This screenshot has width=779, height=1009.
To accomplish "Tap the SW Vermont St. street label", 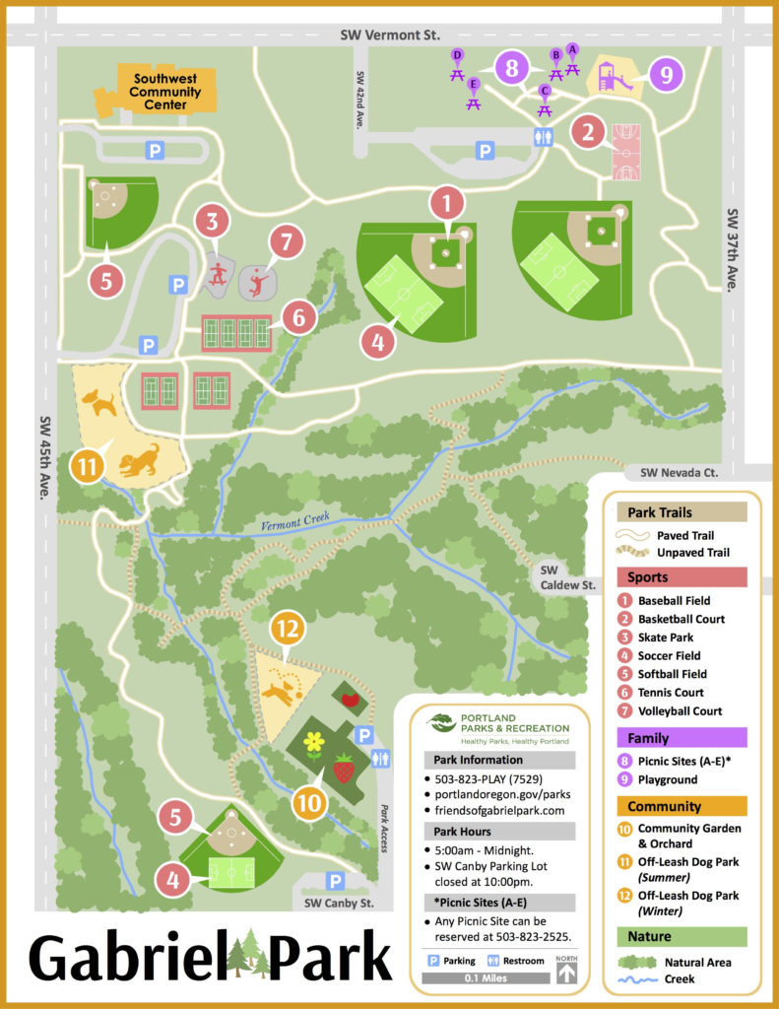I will [389, 34].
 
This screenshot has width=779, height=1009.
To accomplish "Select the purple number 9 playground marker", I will [666, 74].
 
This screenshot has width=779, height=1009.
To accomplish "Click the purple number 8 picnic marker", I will [510, 68].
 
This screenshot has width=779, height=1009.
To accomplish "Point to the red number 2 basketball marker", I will [588, 131].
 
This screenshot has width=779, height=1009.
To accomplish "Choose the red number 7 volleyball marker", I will [285, 241].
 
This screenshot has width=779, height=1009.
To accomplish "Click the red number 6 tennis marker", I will [298, 316].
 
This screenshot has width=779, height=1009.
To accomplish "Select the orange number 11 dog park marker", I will [87, 464].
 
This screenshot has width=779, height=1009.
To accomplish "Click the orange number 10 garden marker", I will [309, 803].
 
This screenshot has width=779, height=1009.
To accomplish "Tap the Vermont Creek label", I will [294, 524].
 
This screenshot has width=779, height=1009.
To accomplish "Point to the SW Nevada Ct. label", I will [679, 473].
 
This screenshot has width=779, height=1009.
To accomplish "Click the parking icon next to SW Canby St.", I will [335, 880].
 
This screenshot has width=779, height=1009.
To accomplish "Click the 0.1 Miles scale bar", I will [486, 978].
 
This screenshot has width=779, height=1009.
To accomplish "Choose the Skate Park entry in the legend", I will [666, 638].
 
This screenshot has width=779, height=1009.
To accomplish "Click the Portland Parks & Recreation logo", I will [499, 725].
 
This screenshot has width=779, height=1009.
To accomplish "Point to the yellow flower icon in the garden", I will [314, 741].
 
